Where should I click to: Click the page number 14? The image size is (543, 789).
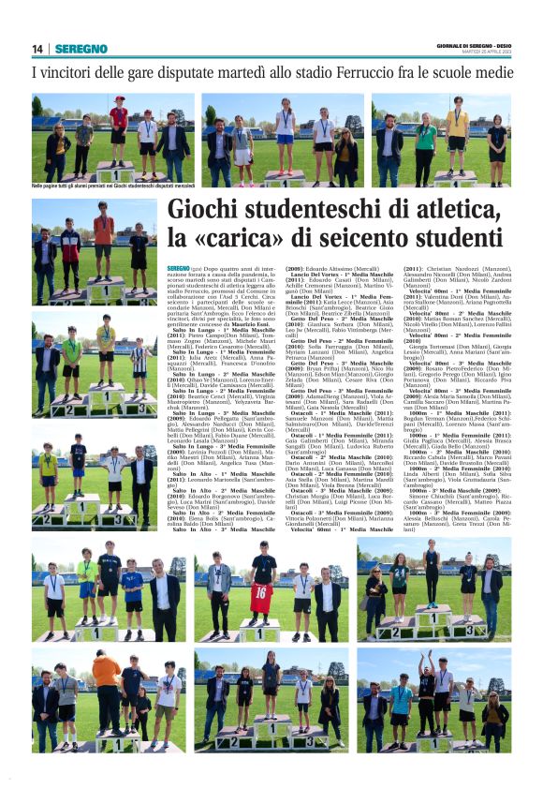[37, 49]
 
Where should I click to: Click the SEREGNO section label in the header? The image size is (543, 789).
[81, 49]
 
